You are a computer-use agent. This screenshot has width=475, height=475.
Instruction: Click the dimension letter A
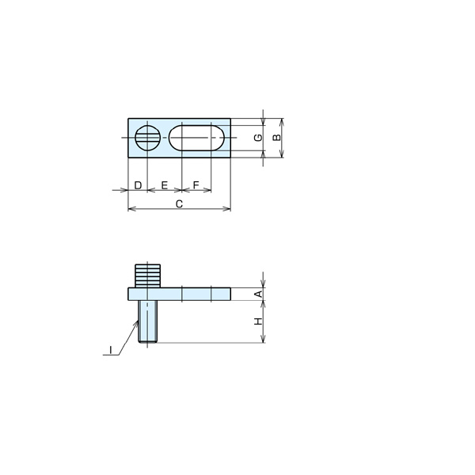(x=259, y=294)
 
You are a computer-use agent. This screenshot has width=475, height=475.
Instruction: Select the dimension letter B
(x=276, y=138)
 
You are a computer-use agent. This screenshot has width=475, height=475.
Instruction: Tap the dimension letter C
(x=180, y=204)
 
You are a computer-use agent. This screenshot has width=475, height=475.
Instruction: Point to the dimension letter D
(x=138, y=185)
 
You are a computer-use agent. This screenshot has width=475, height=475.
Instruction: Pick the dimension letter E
(x=165, y=185)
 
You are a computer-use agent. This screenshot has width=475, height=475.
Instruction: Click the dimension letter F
(x=196, y=184)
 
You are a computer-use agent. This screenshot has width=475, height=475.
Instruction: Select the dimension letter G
(x=258, y=138)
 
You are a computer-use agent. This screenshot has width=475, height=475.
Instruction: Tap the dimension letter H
(x=258, y=321)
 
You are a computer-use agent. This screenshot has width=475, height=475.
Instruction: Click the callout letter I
(x=111, y=350)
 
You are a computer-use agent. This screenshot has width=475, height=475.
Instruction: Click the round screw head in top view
(x=147, y=138)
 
